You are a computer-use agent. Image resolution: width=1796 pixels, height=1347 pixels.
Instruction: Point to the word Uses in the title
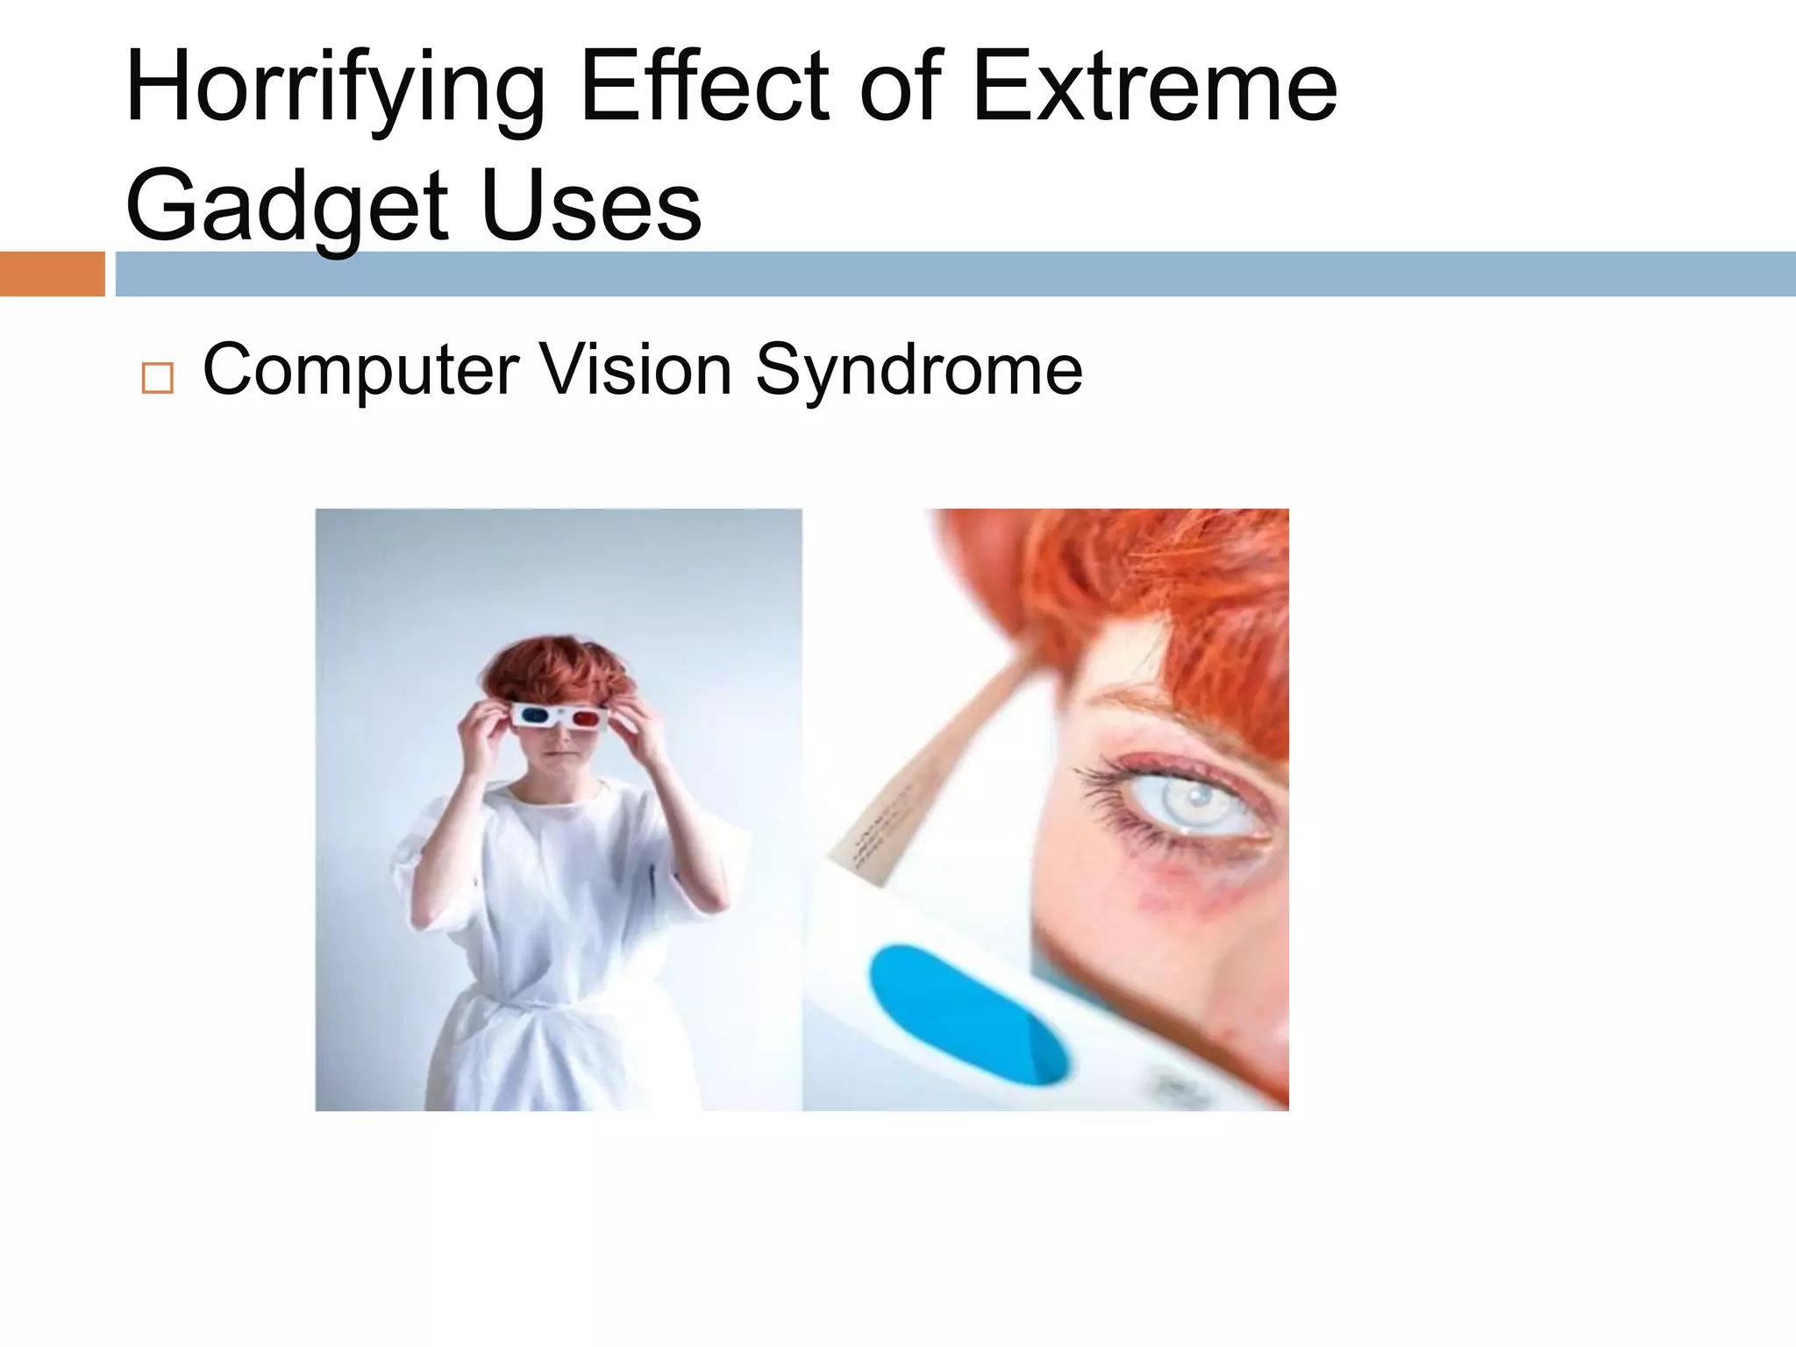pyautogui.click(x=592, y=207)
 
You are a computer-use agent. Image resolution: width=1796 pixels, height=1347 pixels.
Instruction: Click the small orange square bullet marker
pyautogui.click(x=157, y=378)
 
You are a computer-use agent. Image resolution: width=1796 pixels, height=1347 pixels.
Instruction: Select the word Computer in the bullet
pyautogui.click(x=360, y=370)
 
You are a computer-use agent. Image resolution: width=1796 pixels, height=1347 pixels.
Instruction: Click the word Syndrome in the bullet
pyautogui.click(x=918, y=370)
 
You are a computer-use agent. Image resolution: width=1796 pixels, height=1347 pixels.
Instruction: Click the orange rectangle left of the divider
pyautogui.click(x=52, y=274)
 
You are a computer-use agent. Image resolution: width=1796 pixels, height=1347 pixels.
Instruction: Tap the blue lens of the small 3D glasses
pyautogui.click(x=531, y=716)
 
